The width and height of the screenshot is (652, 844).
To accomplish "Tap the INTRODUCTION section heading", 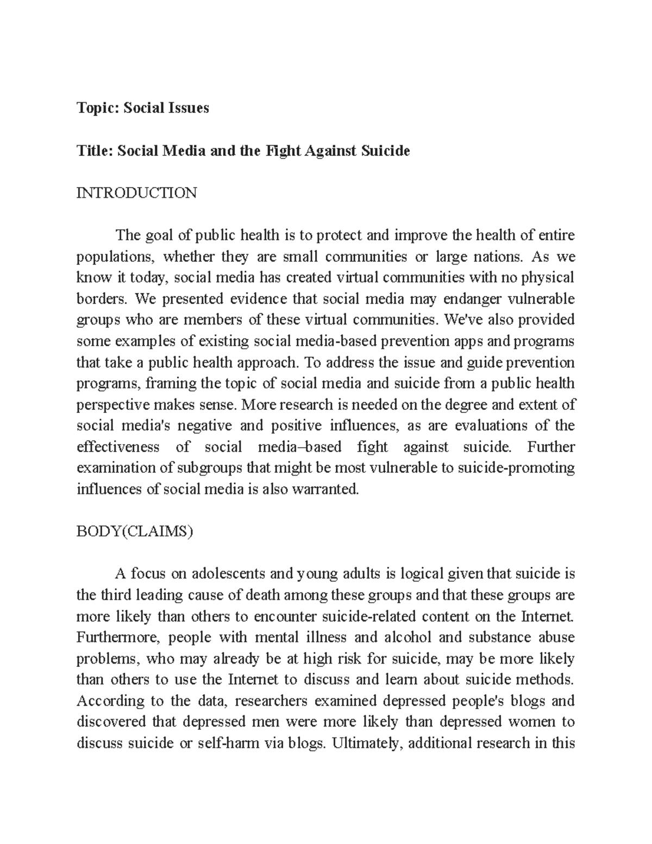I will click(x=136, y=193).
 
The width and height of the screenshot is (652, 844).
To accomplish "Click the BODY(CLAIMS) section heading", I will click(x=135, y=532).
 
